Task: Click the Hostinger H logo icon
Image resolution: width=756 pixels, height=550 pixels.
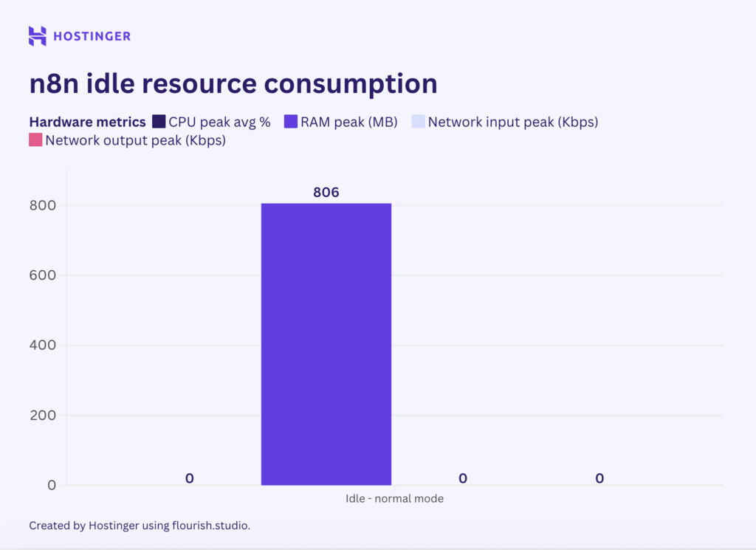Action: [38, 35]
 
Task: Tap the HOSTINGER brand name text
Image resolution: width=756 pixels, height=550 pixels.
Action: [92, 36]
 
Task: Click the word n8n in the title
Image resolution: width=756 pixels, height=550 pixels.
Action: [54, 83]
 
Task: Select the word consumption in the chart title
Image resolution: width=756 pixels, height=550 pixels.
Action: [351, 83]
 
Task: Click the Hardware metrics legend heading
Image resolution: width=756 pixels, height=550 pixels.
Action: [87, 122]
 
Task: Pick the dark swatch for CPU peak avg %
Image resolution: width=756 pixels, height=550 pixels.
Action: [159, 122]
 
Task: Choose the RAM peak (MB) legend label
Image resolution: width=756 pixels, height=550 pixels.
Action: [348, 122]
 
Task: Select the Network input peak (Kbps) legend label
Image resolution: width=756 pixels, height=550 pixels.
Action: [512, 122]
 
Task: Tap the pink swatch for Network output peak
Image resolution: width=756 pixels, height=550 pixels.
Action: [35, 140]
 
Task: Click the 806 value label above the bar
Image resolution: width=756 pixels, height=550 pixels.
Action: [326, 193]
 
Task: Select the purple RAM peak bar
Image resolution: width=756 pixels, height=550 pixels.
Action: [326, 344]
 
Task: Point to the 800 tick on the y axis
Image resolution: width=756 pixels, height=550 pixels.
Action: [43, 205]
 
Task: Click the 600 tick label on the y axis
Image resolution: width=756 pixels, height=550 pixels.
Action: [43, 275]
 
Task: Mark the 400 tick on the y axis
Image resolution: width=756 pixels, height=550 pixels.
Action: [43, 345]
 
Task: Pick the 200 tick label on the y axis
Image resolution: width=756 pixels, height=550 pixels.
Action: [43, 415]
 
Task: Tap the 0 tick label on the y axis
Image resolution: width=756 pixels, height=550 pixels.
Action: [51, 485]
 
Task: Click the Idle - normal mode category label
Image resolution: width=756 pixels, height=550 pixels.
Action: [394, 498]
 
